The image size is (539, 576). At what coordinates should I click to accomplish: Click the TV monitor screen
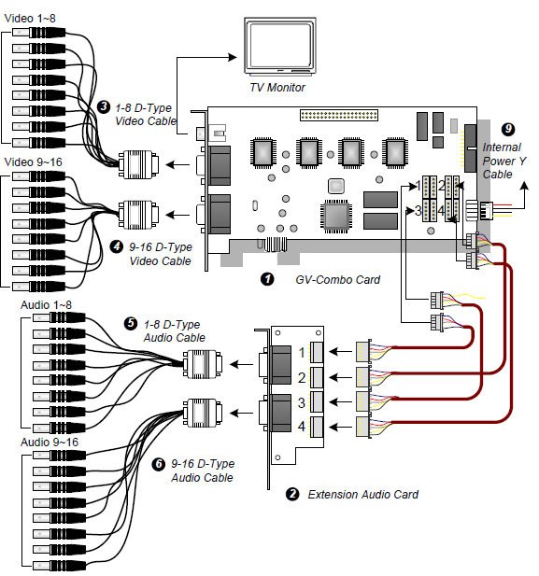280,45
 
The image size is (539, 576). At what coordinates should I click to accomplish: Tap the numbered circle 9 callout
508,129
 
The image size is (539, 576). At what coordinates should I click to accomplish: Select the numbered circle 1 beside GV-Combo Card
267,279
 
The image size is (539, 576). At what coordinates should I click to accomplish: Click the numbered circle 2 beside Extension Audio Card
292,494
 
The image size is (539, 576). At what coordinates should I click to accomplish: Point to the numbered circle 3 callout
104,106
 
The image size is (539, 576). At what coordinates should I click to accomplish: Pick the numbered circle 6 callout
159,464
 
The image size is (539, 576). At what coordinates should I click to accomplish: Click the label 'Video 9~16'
33,162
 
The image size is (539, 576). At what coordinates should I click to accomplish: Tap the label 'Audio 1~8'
46,305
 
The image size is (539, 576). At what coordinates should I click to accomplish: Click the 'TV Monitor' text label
277,88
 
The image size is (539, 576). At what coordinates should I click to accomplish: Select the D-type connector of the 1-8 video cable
138,164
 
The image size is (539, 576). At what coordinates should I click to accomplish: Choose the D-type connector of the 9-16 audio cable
203,413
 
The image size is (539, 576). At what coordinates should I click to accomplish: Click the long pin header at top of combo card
339,115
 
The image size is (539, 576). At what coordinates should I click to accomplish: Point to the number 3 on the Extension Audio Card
302,403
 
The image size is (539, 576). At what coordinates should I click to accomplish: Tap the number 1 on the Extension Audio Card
302,353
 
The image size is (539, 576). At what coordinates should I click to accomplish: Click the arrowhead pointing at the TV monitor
233,57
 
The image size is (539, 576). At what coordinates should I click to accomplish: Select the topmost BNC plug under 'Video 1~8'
39,33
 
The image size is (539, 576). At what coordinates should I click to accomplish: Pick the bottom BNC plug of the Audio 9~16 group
60,565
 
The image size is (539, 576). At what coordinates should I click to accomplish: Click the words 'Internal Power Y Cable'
504,161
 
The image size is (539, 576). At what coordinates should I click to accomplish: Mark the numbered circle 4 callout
117,246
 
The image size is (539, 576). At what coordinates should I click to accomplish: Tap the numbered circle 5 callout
131,324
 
